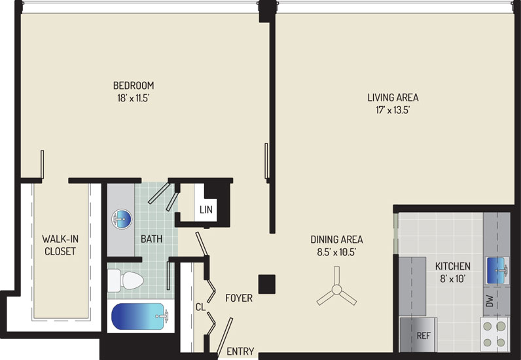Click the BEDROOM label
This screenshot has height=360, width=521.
(134, 86)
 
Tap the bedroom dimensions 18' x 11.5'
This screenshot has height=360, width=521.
(134, 98)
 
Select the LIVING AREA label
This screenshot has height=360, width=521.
(393, 98)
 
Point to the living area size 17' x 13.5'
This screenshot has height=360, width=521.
(393, 110)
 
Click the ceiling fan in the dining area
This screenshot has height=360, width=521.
(336, 289)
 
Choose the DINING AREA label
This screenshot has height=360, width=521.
(336, 240)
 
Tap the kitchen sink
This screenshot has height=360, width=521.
(497, 270)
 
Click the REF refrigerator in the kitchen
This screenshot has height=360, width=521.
(418, 334)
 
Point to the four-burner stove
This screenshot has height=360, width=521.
(494, 334)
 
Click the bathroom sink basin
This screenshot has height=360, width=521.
(122, 219)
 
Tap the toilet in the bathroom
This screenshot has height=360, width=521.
(126, 281)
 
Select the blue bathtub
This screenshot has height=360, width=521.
(140, 316)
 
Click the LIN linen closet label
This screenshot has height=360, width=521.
(206, 209)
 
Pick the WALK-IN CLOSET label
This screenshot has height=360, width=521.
(60, 245)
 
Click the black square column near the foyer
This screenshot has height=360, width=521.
(267, 284)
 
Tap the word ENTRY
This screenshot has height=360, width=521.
(240, 351)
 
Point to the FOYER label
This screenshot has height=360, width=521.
(239, 298)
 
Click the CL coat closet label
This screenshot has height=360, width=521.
(200, 307)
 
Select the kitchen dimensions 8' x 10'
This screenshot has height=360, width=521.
(452, 279)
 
